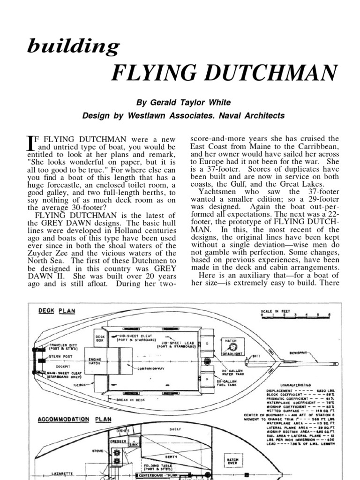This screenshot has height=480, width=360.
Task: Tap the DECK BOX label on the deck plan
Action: pyautogui.click(x=100, y=339)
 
